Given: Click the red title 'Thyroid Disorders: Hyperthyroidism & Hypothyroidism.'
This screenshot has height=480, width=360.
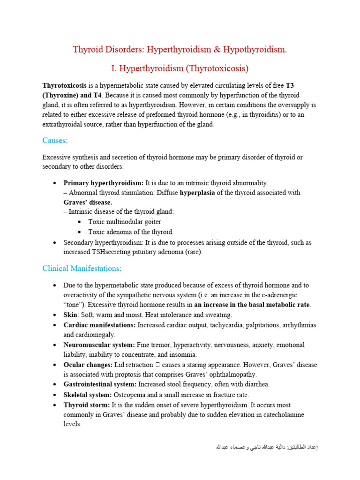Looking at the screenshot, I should tap(180, 49).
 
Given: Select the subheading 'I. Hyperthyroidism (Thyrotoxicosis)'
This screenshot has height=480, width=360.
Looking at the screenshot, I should tap(180, 68).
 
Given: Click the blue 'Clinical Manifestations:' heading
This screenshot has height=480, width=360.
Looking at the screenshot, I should tap(82, 269).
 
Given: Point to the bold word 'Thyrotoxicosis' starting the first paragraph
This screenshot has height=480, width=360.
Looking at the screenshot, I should tap(64, 85).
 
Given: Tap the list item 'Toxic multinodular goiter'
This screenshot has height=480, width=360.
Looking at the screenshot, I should tap(125, 222).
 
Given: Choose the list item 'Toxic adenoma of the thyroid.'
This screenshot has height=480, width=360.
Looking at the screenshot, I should tap(131, 232).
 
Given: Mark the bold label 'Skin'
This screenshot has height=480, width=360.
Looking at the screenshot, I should tap(71, 315).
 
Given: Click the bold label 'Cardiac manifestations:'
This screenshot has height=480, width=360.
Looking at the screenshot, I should tap(100, 325).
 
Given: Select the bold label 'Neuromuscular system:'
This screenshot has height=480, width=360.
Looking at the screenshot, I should tap(99, 345).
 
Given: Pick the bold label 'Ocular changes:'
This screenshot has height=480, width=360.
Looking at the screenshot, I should tap(88, 365).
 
